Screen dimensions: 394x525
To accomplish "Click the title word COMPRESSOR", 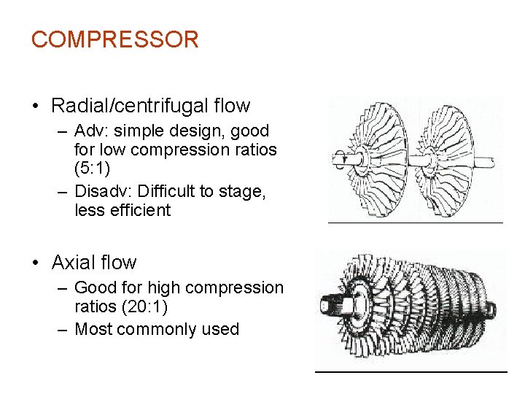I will [114, 39].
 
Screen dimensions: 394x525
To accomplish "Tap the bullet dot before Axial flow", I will [36, 263].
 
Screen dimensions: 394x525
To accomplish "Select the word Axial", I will [74, 263].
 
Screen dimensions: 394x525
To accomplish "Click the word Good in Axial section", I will [93, 287].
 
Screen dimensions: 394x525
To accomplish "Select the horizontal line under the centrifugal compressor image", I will [416, 223].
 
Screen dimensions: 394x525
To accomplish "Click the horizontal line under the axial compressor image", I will [411, 372].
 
